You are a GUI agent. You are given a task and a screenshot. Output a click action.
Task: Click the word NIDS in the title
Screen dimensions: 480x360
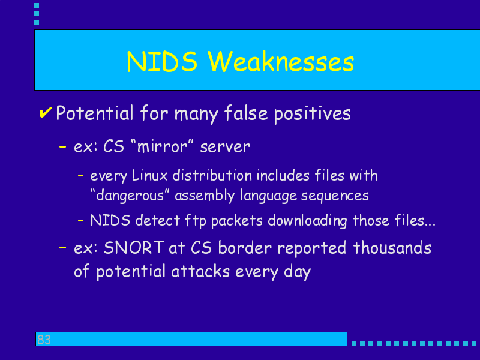coord(162,62)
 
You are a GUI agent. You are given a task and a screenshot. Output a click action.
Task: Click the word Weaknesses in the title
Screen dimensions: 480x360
coord(281,62)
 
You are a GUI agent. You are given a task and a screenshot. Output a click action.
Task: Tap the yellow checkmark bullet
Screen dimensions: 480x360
coord(45,112)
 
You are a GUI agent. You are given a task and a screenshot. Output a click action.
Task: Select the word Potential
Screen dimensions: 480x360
coord(95,113)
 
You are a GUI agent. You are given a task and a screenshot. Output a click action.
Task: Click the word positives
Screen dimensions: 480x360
coord(312,114)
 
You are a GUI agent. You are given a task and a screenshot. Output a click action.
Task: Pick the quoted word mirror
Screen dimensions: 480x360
coord(162,146)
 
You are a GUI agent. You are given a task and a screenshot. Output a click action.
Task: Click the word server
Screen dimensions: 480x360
coord(225,147)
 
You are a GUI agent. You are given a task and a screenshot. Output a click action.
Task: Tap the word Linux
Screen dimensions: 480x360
coord(149,176)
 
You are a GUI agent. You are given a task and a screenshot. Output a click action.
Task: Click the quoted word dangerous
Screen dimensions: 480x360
coord(130,196)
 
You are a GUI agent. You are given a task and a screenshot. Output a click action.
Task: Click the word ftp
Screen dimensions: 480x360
coord(196,221)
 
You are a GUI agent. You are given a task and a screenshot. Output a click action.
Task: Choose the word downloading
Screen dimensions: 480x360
coord(308,221)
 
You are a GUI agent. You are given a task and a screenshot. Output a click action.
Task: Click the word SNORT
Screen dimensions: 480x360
coord(134,247)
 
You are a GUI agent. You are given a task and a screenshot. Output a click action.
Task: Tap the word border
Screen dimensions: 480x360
coord(245,247)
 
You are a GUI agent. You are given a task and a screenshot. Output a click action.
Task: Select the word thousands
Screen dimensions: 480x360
coord(392,247)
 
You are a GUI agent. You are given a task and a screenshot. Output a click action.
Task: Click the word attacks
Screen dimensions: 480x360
coord(200,271)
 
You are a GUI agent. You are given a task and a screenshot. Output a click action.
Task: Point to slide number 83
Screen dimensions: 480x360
coord(44,340)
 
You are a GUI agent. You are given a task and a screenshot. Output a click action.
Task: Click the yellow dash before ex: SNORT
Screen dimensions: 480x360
coord(63,247)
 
